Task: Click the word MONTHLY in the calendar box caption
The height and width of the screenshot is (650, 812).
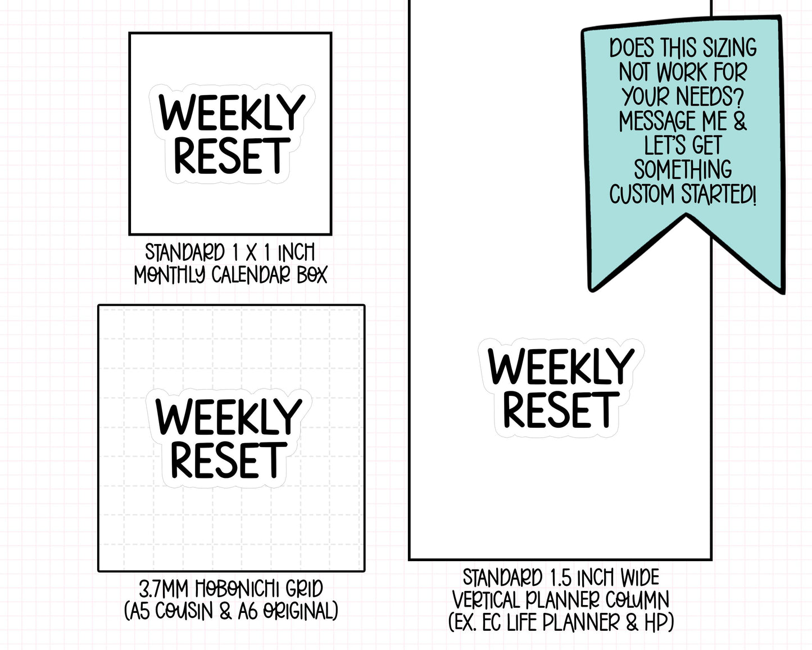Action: pyautogui.click(x=170, y=274)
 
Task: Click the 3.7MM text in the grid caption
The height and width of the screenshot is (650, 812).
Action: pyautogui.click(x=164, y=589)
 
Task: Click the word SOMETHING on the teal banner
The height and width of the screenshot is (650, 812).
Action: pyautogui.click(x=683, y=170)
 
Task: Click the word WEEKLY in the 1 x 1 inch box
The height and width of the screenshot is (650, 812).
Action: pyautogui.click(x=232, y=112)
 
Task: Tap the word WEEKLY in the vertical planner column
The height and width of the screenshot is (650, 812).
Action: pyautogui.click(x=561, y=366)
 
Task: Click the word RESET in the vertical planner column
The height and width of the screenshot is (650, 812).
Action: pyautogui.click(x=561, y=410)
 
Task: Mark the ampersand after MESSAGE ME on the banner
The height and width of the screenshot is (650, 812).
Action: pyautogui.click(x=740, y=121)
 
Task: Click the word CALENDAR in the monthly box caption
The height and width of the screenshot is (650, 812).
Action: pyautogui.click(x=251, y=274)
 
